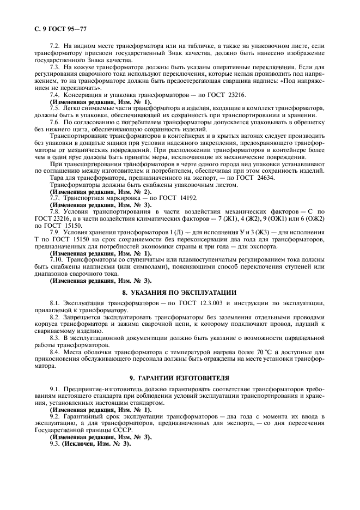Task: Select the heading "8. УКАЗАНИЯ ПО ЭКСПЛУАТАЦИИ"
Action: pos(179,292)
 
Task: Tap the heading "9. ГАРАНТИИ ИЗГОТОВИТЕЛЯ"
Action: pos(179,377)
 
